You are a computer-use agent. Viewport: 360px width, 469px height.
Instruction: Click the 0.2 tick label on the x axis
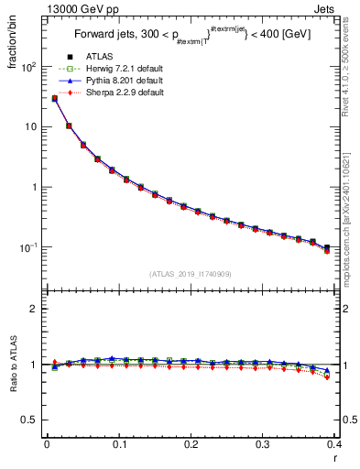[191, 446]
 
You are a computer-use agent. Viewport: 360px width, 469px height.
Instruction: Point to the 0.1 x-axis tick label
[119, 446]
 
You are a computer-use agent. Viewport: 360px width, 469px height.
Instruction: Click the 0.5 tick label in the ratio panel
[29, 420]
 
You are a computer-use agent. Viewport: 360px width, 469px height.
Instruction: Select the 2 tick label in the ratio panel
[33, 309]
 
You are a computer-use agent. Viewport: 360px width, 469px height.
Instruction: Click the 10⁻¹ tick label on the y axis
[27, 247]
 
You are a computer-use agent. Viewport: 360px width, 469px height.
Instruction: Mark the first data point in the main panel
[54, 98]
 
